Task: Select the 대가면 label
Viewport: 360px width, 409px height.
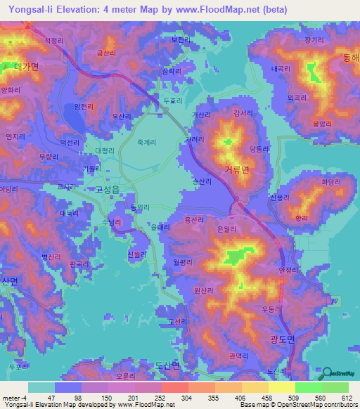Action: click(25, 67)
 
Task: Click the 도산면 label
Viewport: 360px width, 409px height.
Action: click(167, 366)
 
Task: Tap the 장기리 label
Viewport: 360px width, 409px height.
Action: click(314, 40)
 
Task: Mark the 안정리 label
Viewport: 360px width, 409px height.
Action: click(288, 271)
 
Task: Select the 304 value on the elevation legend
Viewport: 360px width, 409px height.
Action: click(187, 398)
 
